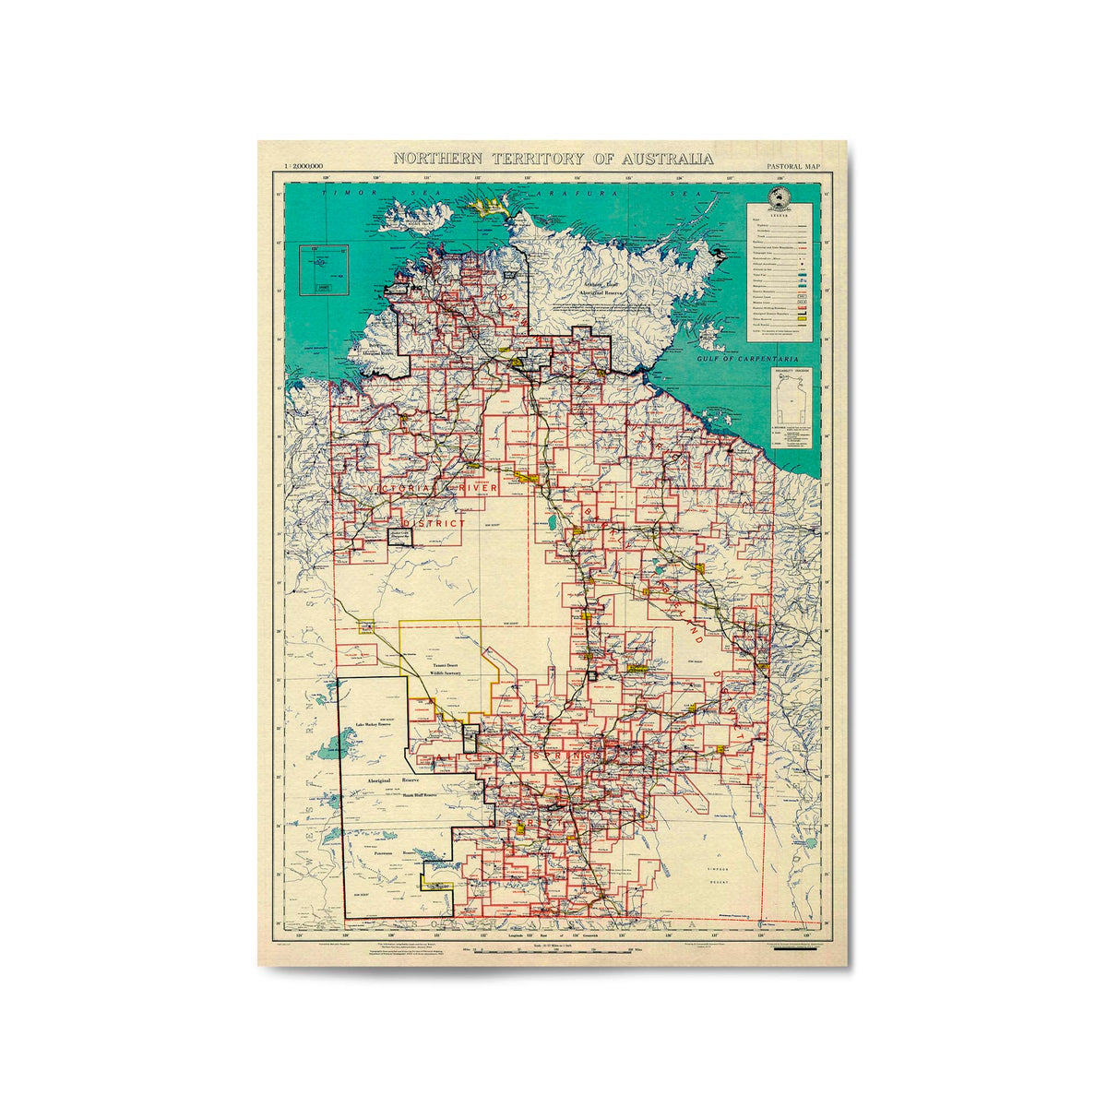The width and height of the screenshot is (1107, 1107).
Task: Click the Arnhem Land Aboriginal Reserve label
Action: (602, 288)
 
